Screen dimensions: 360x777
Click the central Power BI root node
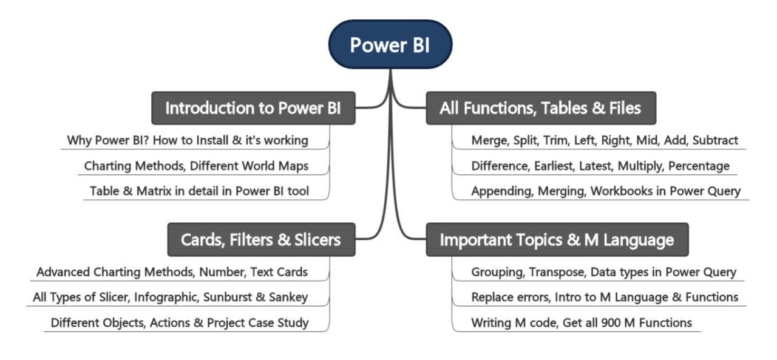pos(390,44)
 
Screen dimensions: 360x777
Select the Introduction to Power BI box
pos(253,108)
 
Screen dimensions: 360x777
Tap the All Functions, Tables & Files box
pos(540,108)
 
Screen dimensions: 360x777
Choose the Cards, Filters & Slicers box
pos(260,239)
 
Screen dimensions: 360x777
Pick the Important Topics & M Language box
pos(557,239)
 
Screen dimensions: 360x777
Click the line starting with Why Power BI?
pos(188,140)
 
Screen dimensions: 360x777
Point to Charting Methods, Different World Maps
pos(196,166)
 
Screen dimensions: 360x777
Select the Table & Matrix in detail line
pos(199,191)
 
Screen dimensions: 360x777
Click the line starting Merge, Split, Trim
pos(605,140)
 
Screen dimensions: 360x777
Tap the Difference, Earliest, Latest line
pos(600,166)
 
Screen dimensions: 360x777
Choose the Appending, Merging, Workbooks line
pos(606,191)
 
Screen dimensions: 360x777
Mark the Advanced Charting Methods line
pos(172,272)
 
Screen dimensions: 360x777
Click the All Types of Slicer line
pos(170,297)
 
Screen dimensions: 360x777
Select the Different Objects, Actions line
pos(179,323)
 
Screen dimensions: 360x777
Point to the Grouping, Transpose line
pos(603,272)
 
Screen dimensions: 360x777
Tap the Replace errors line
pos(605,297)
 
